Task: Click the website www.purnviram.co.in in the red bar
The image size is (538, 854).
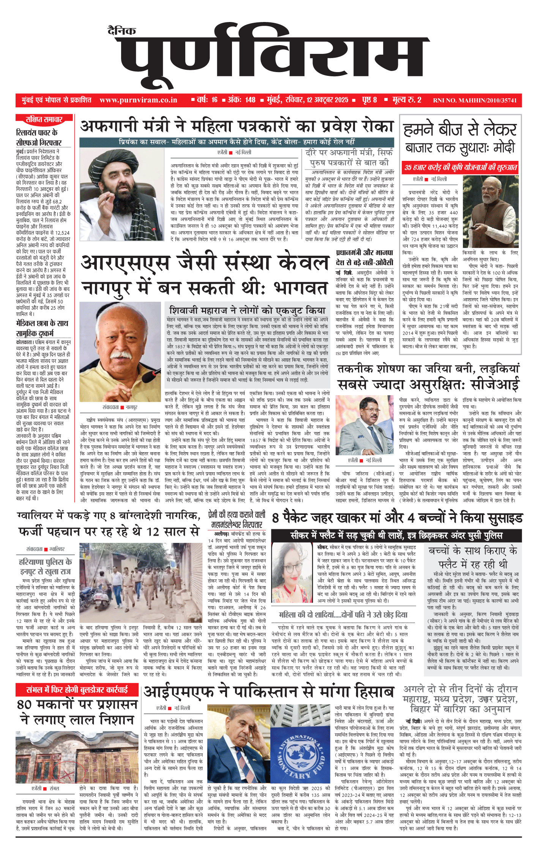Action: [138, 100]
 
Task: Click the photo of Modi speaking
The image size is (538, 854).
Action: [491, 211]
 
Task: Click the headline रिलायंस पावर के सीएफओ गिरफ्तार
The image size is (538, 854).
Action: [38, 137]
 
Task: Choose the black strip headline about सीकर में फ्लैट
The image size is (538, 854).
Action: [396, 535]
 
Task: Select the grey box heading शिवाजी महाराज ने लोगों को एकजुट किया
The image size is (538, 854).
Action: [247, 310]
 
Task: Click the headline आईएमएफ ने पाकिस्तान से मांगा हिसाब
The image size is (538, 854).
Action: [268, 692]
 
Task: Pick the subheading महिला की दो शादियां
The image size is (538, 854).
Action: [343, 615]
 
